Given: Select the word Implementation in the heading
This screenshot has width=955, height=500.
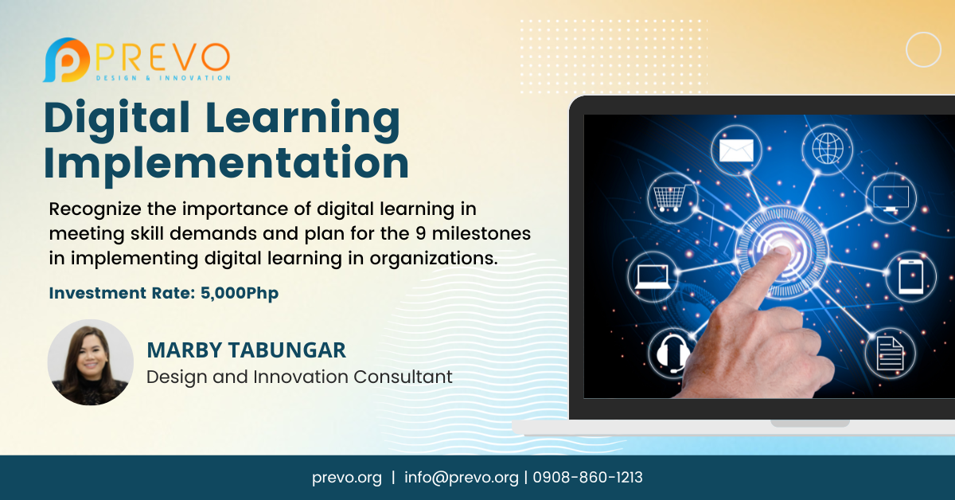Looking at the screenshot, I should click(x=226, y=162).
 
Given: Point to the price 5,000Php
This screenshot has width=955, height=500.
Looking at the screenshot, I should click(x=240, y=293).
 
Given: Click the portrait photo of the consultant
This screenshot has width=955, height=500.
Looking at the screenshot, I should click(x=90, y=362).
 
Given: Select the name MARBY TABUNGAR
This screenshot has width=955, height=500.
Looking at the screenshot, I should click(x=246, y=350).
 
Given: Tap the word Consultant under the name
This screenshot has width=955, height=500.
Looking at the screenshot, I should click(x=403, y=376).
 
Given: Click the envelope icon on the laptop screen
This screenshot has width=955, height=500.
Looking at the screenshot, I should click(x=736, y=150).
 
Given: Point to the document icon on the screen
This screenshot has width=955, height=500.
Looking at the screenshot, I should click(x=889, y=354).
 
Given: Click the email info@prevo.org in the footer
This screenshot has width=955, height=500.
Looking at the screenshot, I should click(x=462, y=478).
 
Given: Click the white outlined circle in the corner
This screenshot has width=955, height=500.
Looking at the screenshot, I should click(x=923, y=49).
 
